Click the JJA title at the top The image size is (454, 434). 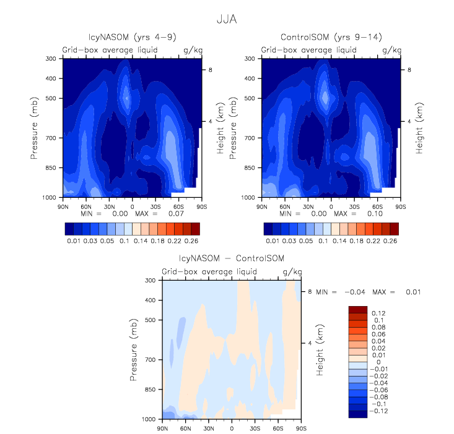227,19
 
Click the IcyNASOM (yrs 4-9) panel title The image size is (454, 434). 132,36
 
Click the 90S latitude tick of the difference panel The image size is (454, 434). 300,428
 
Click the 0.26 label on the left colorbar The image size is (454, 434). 192,239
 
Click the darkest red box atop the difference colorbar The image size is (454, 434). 358,309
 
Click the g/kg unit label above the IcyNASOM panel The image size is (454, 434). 191,49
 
